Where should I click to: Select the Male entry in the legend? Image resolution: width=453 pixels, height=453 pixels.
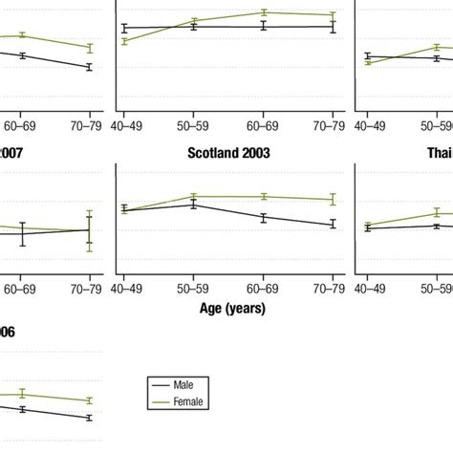coord(183,384)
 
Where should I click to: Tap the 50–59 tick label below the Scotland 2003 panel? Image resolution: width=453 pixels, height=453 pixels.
coord(194,288)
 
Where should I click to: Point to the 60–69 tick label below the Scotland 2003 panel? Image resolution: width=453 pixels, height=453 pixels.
coord(263,288)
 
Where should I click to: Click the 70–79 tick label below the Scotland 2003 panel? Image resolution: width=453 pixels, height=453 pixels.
coord(333,288)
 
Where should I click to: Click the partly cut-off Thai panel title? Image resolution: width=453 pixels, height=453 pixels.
coord(439,152)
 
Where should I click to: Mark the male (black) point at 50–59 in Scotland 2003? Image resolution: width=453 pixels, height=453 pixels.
coord(194,205)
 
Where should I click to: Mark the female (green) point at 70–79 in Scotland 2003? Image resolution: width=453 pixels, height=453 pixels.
coord(333,199)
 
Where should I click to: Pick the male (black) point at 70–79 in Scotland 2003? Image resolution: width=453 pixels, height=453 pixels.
coord(333,224)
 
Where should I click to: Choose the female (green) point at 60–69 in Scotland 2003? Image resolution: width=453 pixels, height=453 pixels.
coord(263,196)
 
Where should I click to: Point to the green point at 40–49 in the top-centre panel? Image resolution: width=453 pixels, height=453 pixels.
coord(124,41)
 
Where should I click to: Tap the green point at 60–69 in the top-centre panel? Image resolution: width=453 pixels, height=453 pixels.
coord(263,12)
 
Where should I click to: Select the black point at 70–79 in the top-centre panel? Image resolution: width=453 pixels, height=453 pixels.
coord(333,27)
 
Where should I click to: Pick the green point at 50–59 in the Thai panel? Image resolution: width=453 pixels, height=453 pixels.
coord(437,213)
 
